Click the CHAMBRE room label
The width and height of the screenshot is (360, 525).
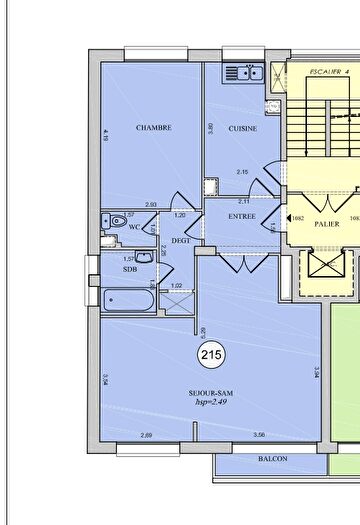[x=154, y=128]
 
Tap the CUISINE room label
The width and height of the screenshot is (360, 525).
[x=243, y=128]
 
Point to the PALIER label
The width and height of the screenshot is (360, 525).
[x=327, y=224]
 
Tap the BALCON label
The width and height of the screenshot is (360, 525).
[x=271, y=459]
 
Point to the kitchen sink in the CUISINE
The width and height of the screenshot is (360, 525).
[x=243, y=72]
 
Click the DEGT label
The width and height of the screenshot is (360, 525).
[x=181, y=241]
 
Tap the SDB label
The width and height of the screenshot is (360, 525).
[x=130, y=269]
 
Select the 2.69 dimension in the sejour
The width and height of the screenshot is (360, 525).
[x=146, y=435]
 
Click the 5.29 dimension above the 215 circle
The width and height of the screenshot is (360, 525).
[x=203, y=331]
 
